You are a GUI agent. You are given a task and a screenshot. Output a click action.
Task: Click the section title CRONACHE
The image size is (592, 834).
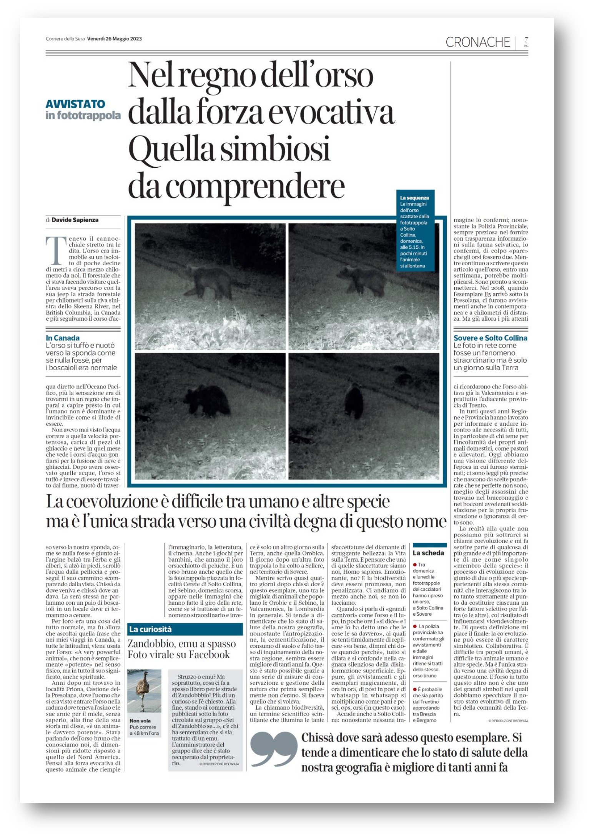click(x=477, y=42)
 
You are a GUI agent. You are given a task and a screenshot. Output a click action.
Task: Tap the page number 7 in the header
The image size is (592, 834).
click(x=526, y=40)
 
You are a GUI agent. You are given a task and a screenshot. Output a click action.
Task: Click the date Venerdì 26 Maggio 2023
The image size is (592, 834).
click(x=114, y=38)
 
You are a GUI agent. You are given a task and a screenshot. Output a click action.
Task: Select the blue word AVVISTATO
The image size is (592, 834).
click(x=75, y=104)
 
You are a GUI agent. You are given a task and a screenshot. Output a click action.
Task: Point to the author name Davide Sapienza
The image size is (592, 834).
click(x=75, y=220)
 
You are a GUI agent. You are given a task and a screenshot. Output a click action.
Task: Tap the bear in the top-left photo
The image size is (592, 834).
click(x=210, y=281)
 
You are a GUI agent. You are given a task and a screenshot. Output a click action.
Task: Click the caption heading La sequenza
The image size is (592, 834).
click(x=414, y=198)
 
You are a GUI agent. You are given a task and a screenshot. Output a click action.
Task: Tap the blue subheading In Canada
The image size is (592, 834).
click(x=63, y=338)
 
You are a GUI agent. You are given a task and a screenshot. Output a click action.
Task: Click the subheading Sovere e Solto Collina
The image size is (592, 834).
click(x=490, y=338)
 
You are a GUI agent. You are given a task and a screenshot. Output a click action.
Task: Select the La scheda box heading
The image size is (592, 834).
click(x=428, y=553)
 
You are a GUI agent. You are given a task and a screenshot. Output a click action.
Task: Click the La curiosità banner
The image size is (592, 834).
click(x=150, y=629)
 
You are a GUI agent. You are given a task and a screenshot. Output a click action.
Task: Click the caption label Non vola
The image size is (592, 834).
click(x=140, y=720)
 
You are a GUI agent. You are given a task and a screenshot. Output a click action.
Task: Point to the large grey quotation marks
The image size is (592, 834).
click(x=273, y=749)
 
